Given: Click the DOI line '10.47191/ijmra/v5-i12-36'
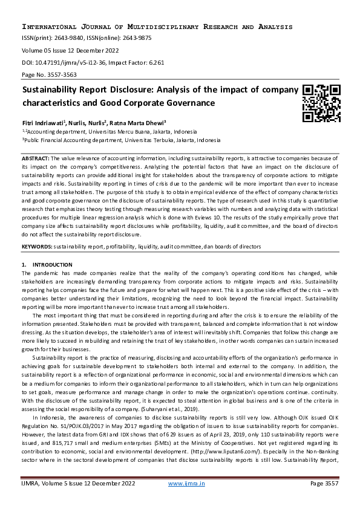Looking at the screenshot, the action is (71, 62).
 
